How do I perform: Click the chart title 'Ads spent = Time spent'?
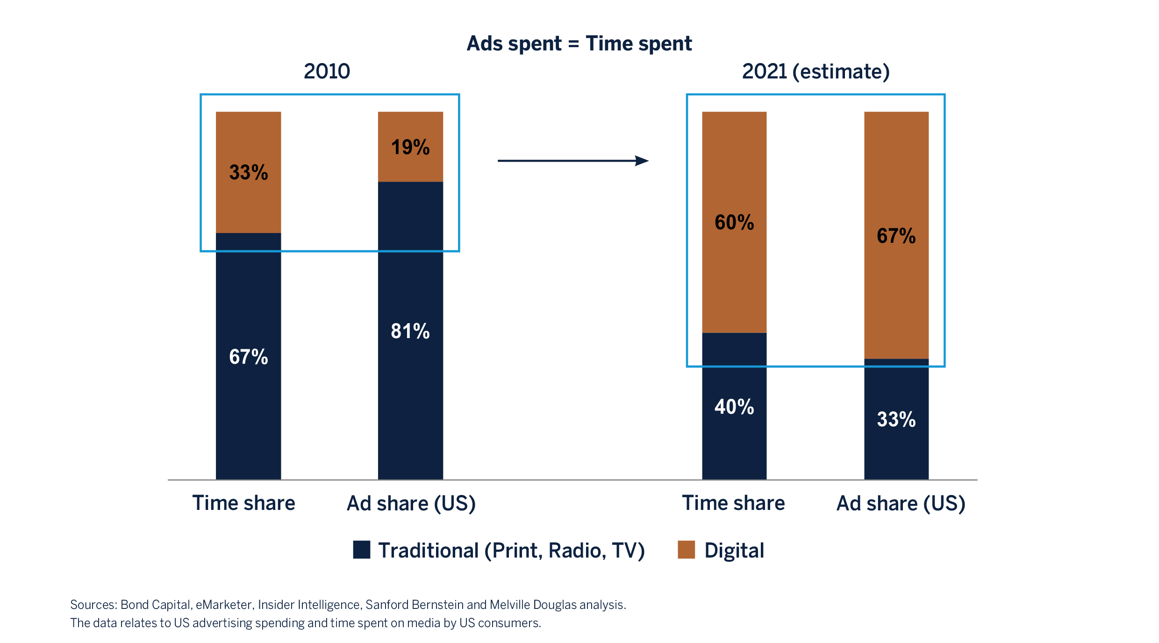(579, 44)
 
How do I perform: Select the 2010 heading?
(327, 71)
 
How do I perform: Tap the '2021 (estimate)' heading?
(816, 71)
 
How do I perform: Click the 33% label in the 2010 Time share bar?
(249, 172)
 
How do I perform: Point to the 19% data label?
(410, 147)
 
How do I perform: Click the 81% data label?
(410, 331)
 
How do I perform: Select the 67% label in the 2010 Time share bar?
(249, 357)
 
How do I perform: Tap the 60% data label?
(734, 222)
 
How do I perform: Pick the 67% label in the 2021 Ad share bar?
(896, 236)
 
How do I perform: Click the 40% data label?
(734, 407)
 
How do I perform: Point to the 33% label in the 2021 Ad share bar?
(896, 419)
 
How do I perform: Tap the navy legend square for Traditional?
(362, 550)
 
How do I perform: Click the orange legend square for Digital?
(686, 550)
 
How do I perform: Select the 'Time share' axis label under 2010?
(244, 503)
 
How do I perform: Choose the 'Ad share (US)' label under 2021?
(901, 503)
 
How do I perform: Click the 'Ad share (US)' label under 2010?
(411, 503)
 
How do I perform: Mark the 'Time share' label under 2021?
(733, 503)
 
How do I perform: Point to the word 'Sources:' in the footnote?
(93, 605)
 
